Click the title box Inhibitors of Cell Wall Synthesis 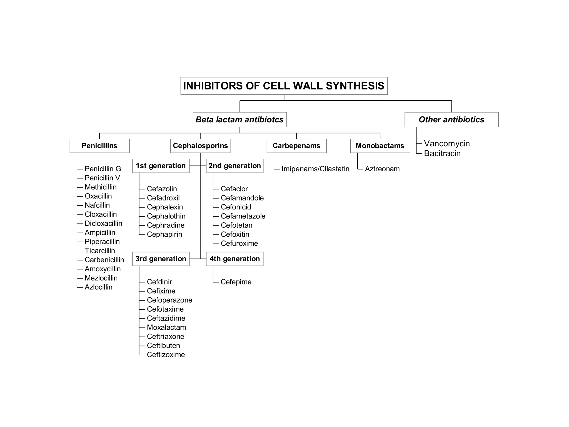(284, 86)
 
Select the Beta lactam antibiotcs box (239, 120)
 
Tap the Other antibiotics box (451, 120)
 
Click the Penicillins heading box (99, 146)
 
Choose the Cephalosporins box (200, 146)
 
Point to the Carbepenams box (296, 146)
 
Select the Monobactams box (380, 146)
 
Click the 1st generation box (161, 166)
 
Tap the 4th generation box (234, 259)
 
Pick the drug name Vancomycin (447, 143)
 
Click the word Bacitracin (442, 153)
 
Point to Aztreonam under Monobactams (382, 169)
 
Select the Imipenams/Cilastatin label (315, 169)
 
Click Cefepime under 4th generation (236, 282)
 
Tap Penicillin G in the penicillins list (103, 169)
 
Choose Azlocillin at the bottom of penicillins (98, 287)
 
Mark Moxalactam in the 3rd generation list (166, 327)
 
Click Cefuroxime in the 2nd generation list (239, 243)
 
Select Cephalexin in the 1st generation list (165, 207)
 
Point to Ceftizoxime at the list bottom (166, 354)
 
